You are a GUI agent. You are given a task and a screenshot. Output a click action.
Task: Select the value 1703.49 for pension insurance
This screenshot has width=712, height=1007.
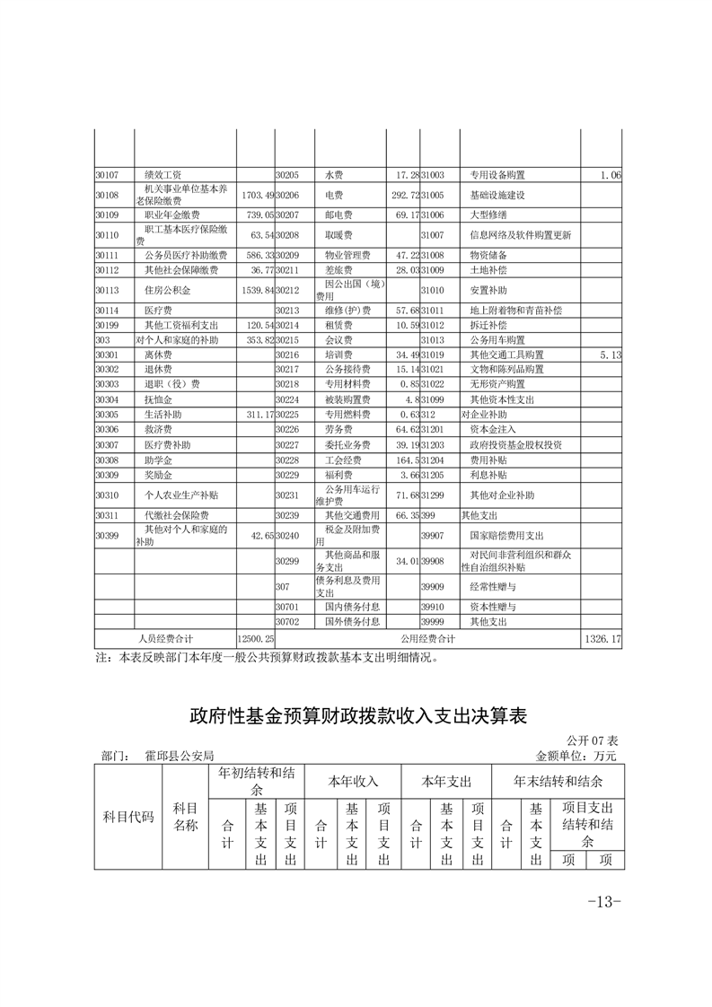pos(255,195)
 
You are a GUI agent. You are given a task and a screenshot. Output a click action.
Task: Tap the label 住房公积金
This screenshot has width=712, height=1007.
pos(168,291)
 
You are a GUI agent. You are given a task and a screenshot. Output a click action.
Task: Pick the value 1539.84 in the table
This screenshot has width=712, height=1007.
pos(255,291)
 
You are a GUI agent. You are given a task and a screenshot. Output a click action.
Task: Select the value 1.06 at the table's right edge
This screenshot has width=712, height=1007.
pos(611,175)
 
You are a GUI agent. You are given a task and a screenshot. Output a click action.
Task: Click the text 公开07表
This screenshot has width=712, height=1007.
pos(593,741)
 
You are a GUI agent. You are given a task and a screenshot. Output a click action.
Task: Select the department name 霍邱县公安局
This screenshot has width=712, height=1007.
pos(179,757)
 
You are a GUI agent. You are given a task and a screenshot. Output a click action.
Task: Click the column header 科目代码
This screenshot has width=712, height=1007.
pos(128,817)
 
